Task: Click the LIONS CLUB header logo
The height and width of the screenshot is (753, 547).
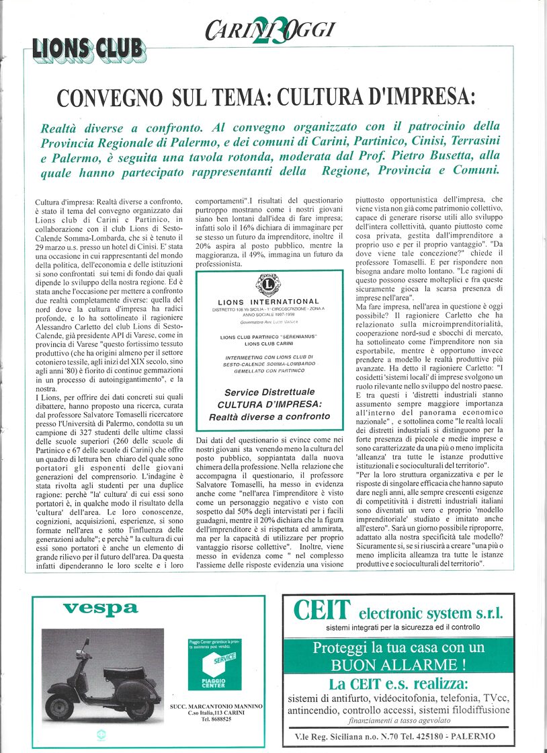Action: [88, 48]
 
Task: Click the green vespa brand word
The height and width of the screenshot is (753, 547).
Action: [100, 609]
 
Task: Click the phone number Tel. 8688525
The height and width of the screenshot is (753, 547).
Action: [216, 719]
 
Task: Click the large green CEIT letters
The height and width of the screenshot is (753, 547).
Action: [322, 611]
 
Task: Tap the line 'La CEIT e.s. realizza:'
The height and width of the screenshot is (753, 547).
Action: [398, 684]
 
